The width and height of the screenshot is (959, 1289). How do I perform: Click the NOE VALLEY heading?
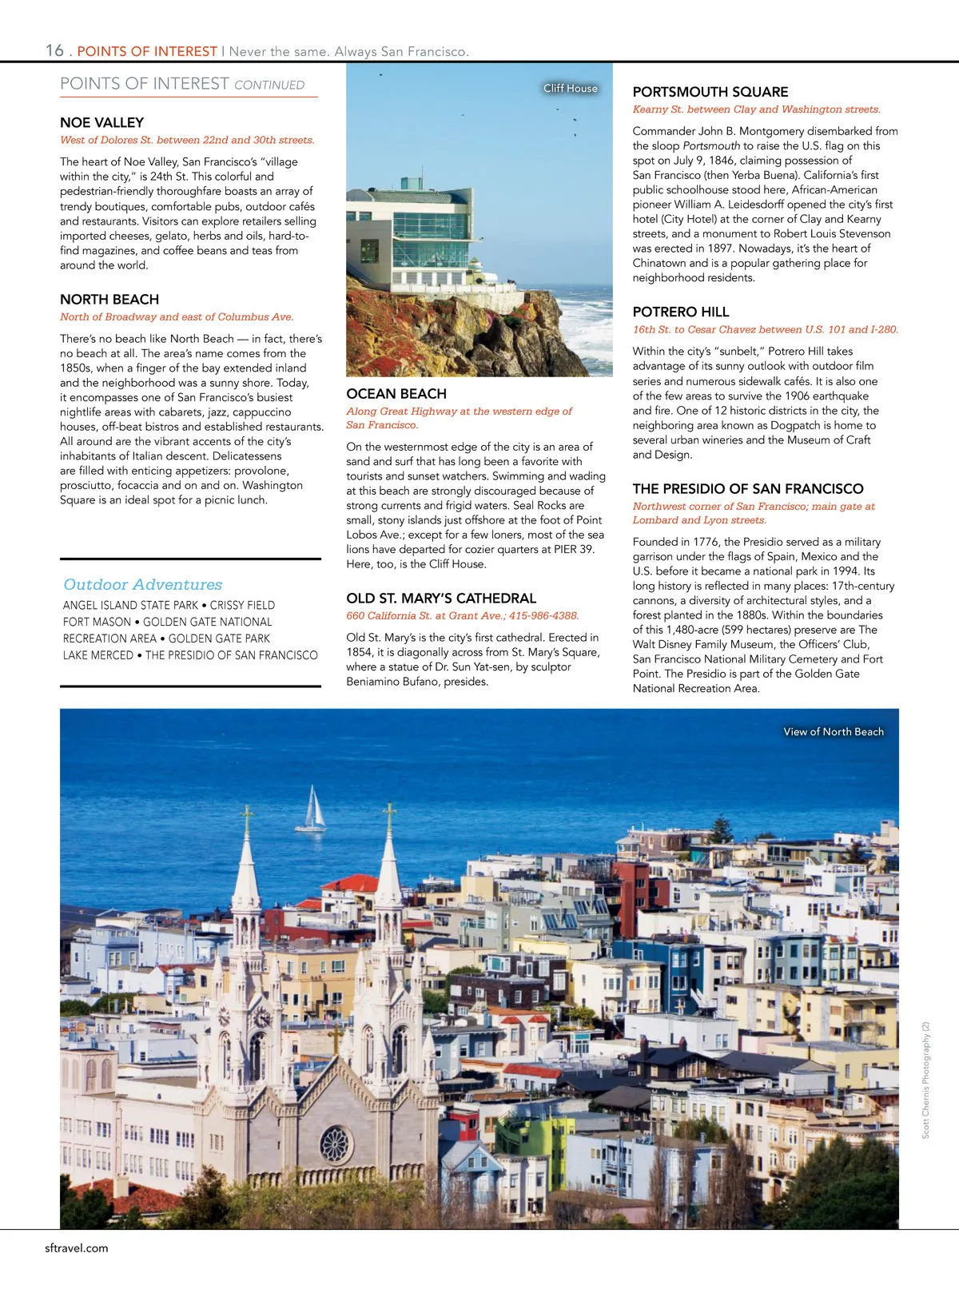point(101,122)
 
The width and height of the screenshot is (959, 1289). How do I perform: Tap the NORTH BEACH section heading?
point(109,300)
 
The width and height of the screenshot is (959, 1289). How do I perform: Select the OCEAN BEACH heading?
point(396,394)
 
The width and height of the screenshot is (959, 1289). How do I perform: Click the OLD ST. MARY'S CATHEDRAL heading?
point(441,599)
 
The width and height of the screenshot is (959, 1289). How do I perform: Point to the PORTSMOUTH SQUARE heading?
point(710,92)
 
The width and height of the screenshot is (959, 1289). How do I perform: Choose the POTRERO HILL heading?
point(681,312)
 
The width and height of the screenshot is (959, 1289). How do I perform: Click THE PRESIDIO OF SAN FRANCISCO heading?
point(748,489)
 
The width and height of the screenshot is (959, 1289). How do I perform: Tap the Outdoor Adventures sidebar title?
point(143,585)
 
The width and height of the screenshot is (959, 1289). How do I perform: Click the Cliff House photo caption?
point(571,88)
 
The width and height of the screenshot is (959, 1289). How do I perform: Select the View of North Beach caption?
point(834,732)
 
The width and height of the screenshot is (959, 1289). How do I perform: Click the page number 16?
point(54,50)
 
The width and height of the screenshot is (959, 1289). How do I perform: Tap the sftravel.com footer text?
point(77,1248)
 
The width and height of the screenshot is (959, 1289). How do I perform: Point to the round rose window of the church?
point(336,1144)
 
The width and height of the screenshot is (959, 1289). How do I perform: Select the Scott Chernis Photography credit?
point(926,1080)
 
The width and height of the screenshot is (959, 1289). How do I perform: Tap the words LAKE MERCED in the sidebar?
point(98,655)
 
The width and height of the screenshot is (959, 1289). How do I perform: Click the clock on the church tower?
point(261,1017)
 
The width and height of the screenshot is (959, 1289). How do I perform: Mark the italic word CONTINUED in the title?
point(269,86)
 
